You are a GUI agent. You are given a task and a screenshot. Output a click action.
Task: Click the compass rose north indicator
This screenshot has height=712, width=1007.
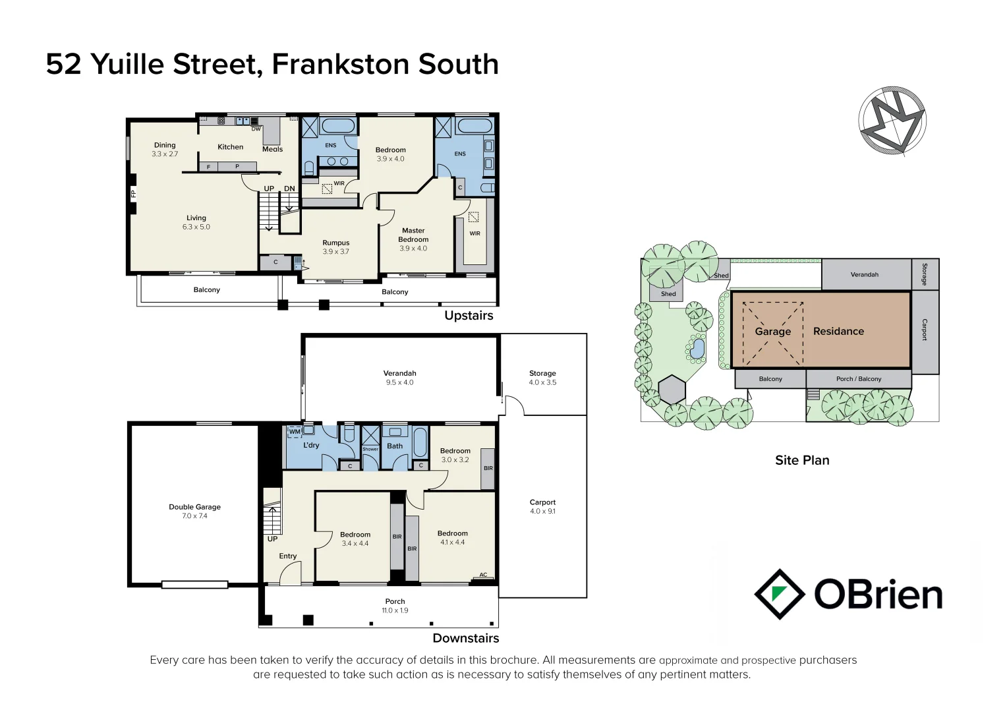click(892, 121)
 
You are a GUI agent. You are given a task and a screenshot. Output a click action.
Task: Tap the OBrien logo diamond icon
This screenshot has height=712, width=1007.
click(779, 594)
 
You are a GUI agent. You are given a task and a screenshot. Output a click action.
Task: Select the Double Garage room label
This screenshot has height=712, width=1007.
click(194, 507)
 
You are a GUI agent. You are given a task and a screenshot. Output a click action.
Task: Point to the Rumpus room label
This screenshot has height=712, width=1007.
click(335, 243)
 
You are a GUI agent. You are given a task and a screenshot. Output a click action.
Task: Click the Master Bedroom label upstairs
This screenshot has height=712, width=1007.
click(413, 235)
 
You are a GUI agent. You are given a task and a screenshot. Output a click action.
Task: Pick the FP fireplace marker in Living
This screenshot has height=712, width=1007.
click(133, 193)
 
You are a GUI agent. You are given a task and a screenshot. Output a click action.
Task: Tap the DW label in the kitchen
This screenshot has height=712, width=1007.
click(256, 129)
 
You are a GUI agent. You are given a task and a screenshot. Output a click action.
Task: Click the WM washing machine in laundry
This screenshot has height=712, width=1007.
click(295, 432)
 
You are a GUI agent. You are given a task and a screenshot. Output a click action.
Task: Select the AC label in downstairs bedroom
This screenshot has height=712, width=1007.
click(483, 575)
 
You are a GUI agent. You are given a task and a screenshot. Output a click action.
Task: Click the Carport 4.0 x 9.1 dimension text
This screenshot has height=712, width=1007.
click(542, 511)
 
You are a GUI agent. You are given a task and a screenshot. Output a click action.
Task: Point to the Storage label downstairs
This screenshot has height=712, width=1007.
click(542, 373)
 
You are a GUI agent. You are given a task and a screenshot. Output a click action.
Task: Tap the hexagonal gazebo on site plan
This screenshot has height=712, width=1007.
click(672, 390)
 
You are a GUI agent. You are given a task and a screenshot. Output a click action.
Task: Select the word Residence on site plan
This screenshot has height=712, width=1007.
click(838, 332)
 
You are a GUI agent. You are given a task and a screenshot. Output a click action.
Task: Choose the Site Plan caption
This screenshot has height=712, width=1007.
click(802, 460)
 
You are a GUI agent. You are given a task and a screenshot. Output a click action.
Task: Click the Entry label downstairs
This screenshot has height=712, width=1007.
click(288, 556)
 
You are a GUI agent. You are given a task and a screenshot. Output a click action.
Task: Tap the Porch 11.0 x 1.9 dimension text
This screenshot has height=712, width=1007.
click(395, 610)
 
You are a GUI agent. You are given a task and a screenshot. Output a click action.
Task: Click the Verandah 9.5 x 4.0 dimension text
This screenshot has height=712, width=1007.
click(399, 382)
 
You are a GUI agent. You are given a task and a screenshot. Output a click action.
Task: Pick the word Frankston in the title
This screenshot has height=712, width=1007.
click(341, 64)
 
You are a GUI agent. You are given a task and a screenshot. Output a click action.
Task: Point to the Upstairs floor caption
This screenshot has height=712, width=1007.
click(469, 315)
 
